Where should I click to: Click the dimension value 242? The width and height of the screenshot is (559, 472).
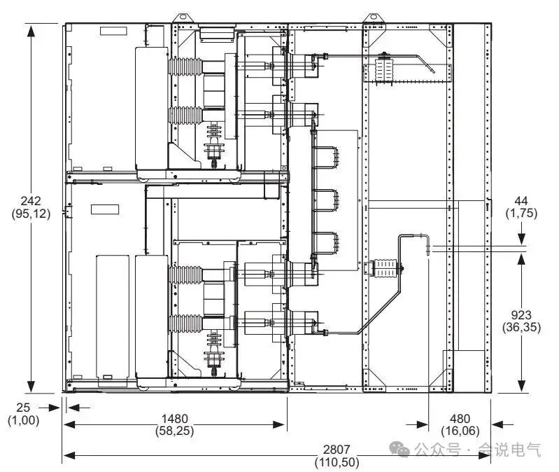[x=31, y=201]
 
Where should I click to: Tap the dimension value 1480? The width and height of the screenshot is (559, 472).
[x=175, y=419]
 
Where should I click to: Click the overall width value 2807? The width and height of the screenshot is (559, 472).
[x=337, y=449]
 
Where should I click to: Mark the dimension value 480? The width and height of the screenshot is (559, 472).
[x=460, y=419]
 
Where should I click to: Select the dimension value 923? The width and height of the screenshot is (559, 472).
[x=521, y=315]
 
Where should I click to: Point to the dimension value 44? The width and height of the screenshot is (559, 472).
[x=521, y=201]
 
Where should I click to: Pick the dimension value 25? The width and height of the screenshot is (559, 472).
[x=23, y=408]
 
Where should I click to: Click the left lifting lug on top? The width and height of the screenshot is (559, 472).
[x=182, y=17]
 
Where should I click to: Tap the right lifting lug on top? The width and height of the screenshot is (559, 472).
[x=373, y=17]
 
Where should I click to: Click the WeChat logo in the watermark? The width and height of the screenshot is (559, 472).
[x=399, y=449]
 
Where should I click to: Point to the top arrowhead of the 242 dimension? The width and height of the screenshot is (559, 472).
[x=31, y=32]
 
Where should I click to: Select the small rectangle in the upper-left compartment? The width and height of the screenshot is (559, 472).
[x=113, y=31]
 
